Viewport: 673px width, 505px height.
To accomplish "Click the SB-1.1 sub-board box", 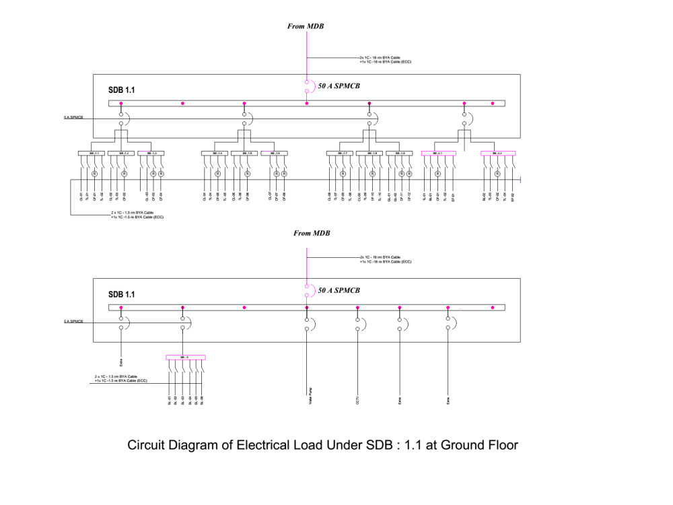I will point(93,154).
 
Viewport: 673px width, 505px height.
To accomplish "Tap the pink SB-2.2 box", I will point(499,154).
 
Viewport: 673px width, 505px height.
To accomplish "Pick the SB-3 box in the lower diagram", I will point(185,357).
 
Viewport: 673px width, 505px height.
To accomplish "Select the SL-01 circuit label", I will point(169,400).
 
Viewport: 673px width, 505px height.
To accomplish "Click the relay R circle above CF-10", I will point(372,173).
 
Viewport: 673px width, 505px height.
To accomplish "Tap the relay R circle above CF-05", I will point(218,173).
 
